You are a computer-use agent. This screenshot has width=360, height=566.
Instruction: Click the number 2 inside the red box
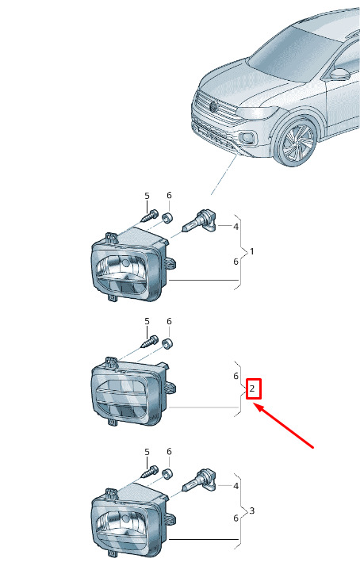pyautogui.click(x=252, y=388)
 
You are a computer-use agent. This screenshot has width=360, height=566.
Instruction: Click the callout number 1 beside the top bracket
pyautogui.click(x=251, y=251)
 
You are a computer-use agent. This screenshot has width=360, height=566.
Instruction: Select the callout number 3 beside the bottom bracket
pyautogui.click(x=251, y=511)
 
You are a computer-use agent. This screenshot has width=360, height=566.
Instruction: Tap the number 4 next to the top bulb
pyautogui.click(x=236, y=227)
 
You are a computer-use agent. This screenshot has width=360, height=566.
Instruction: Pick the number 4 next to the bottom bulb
pyautogui.click(x=236, y=486)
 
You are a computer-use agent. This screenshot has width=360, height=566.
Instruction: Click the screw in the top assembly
pyautogui.click(x=149, y=216)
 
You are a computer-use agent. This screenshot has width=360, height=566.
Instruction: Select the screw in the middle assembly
pyautogui.click(x=149, y=341)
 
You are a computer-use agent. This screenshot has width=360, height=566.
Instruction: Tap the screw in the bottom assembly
pyautogui.click(x=149, y=472)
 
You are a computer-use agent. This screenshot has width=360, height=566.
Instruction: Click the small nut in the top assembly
pyautogui.click(x=167, y=218)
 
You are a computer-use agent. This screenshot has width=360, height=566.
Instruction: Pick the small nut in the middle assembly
pyautogui.click(x=167, y=343)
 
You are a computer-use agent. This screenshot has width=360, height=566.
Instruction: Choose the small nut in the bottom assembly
pyautogui.click(x=167, y=473)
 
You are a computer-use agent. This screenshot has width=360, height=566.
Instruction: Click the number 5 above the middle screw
pyautogui.click(x=147, y=321)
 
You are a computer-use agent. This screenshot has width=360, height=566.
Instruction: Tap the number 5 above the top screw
pyautogui.click(x=147, y=196)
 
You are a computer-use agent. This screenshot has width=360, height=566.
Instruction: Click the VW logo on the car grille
pyautogui.click(x=213, y=106)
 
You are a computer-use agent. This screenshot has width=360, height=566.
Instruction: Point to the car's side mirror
pyautogui.click(x=339, y=74)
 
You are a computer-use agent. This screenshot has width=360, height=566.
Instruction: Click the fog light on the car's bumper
pyautogui.click(x=247, y=137)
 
